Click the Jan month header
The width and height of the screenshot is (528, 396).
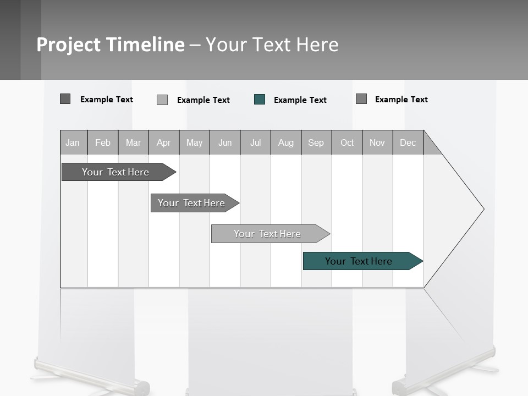(x=73, y=143)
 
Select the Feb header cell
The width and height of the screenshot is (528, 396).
(x=103, y=143)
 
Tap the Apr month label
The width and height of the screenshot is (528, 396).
(x=163, y=143)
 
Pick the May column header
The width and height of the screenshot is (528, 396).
(x=194, y=143)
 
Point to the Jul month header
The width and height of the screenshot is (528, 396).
(x=255, y=143)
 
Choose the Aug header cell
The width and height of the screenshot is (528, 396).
(x=285, y=143)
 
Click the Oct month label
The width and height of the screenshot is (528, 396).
(x=347, y=143)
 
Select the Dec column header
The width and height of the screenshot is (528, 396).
(x=408, y=143)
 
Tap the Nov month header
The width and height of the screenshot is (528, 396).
(x=377, y=143)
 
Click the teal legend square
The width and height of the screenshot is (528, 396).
(x=260, y=100)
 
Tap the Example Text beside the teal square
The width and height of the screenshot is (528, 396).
(x=300, y=100)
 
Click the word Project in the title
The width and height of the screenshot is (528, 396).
(x=67, y=45)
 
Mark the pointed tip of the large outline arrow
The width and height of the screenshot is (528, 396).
(x=483, y=209)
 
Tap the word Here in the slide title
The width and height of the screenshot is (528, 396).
(x=317, y=45)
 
